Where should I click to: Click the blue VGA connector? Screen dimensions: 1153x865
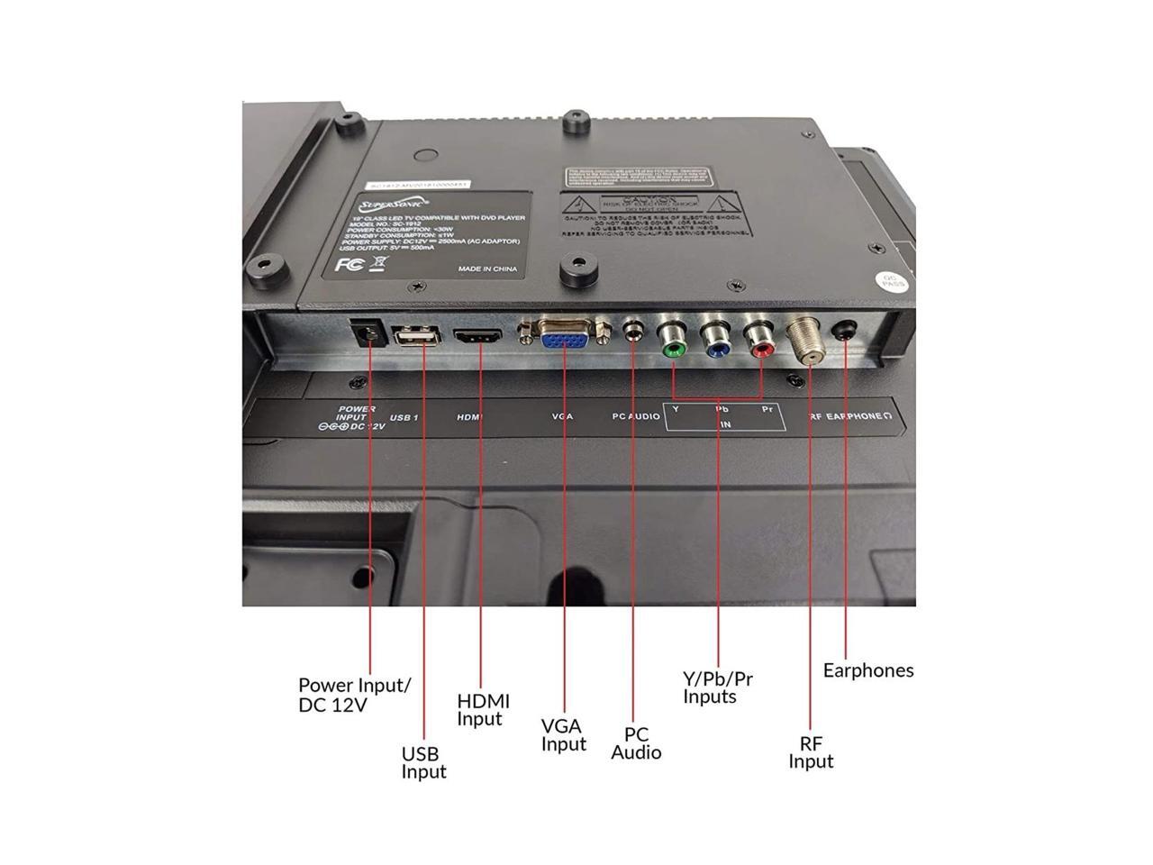point(564,340)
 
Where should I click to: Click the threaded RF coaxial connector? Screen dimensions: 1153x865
point(804,341)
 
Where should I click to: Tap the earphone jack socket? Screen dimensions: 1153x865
point(846,332)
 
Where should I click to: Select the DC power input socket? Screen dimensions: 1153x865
point(368,333)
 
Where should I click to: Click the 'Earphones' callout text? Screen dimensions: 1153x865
point(868,670)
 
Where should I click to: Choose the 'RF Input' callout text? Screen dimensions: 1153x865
point(811,752)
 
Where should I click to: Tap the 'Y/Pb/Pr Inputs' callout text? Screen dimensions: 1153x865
point(717,687)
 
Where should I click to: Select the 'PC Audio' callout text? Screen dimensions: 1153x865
point(636,743)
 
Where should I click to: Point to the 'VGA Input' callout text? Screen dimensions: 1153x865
point(564,734)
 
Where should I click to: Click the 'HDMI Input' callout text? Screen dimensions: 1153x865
point(483,709)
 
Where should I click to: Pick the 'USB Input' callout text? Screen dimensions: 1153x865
point(423,762)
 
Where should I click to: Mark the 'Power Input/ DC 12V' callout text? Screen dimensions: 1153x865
point(354,695)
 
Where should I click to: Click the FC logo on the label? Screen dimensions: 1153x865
point(349,265)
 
